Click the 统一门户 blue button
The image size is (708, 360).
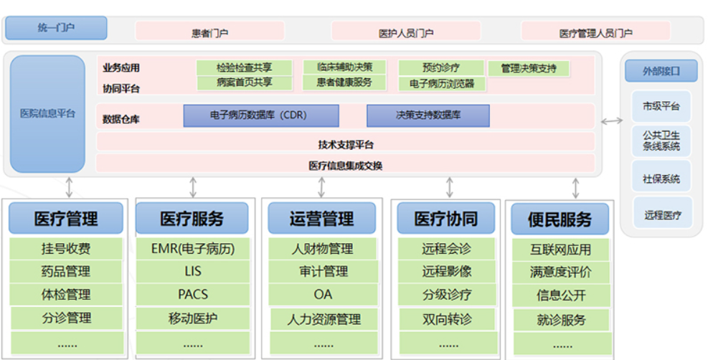coord(56,28)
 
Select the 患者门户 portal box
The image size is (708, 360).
coord(210,32)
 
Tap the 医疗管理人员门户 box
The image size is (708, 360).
coord(595,32)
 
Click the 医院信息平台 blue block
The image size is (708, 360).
coord(47,114)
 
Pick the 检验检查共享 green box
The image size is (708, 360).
coord(245,67)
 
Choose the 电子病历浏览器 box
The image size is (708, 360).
coord(442,84)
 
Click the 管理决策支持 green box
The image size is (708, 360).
coord(528,69)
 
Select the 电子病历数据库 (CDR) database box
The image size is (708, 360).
coord(261,115)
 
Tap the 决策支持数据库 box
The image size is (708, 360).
coord(428,115)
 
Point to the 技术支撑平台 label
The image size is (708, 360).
coord(346,145)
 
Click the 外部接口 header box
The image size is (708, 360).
coord(661,71)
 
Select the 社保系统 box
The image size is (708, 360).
coord(661,179)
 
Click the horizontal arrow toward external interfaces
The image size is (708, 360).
coord(612,121)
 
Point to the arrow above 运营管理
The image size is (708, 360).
coord(321,187)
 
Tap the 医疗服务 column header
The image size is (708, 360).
coord(192,218)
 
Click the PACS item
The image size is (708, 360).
coord(193,295)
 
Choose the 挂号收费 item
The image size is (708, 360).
coord(66,249)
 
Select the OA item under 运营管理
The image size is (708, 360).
coord(323,295)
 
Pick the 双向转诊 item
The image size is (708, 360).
coord(447,319)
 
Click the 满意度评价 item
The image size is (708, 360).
coord(560,272)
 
